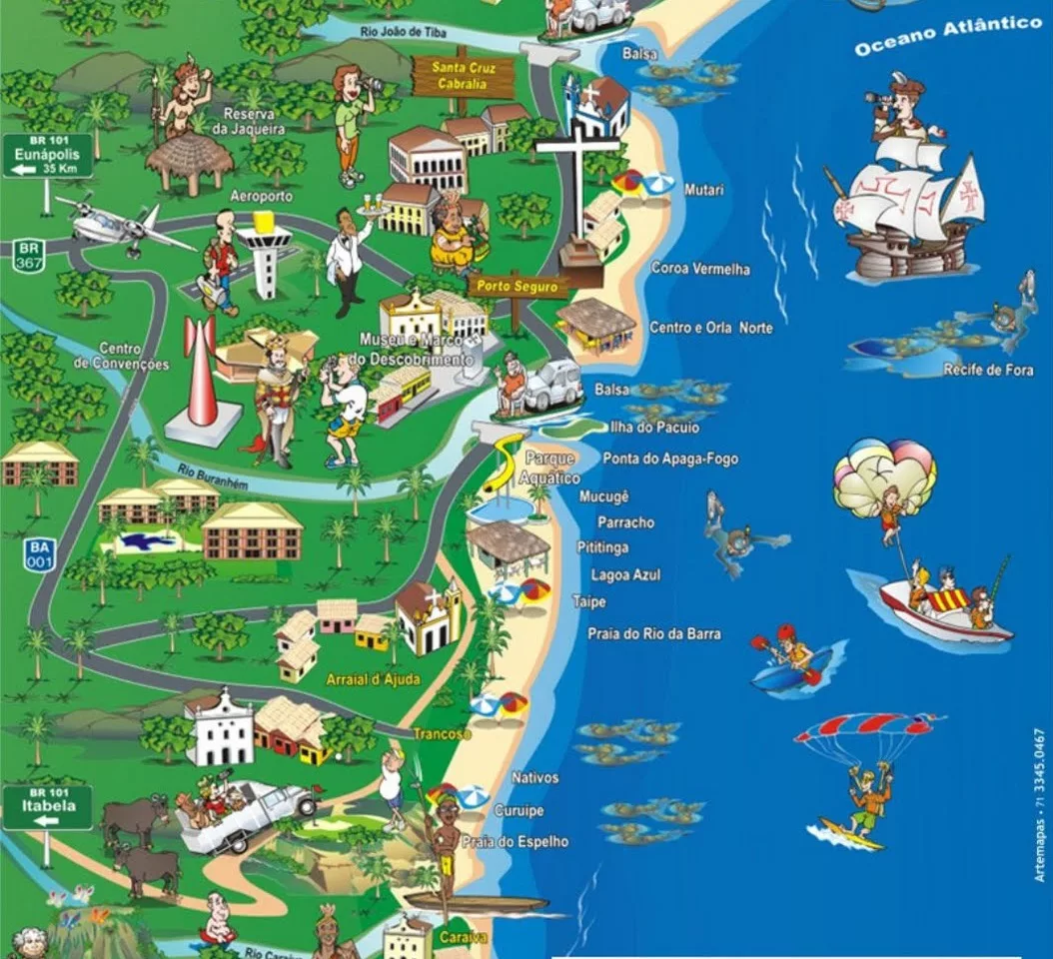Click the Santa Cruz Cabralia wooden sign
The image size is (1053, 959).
point(462,76)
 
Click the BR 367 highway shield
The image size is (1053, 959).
point(28,255)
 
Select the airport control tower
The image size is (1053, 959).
point(264,256)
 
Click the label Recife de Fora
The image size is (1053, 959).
point(988,371)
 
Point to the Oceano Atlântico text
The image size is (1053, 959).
point(947,35)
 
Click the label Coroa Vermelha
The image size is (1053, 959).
point(699,269)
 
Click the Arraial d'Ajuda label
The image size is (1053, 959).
point(373,680)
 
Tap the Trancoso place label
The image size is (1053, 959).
point(442,734)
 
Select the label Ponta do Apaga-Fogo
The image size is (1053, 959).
point(670,459)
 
